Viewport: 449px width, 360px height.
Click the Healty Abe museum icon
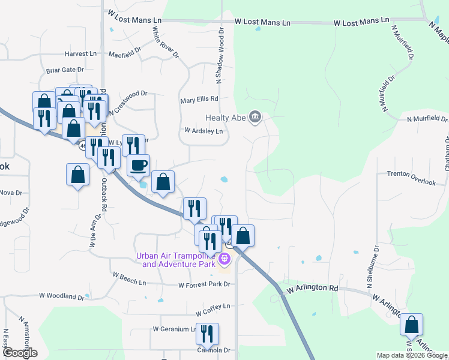(255, 116)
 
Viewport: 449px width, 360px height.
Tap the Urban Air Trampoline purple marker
(225, 259)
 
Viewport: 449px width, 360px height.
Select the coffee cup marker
(139, 165)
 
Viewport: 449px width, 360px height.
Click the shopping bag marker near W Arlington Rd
(411, 325)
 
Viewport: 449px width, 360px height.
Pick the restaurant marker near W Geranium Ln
(207, 334)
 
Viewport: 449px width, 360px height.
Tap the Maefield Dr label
(125, 55)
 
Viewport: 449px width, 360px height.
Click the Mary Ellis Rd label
(199, 100)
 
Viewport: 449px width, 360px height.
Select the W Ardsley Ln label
(203, 130)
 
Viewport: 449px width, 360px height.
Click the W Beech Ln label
(129, 282)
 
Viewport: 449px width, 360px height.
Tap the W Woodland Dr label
(62, 296)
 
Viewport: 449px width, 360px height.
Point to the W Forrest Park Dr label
(205, 285)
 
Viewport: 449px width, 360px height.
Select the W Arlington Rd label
(312, 288)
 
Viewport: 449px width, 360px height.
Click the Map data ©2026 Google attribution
(412, 355)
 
